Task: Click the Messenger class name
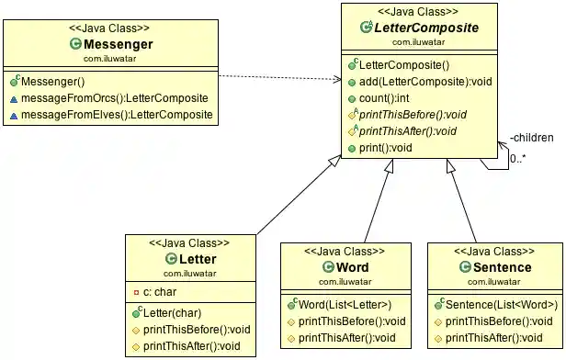(x=117, y=43)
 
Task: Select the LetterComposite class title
(x=425, y=28)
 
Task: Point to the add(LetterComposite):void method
(x=425, y=82)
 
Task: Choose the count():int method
(x=384, y=98)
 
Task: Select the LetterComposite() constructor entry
(x=404, y=65)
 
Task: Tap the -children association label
(x=532, y=138)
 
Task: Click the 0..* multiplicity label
(x=519, y=158)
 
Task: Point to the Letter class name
(x=196, y=260)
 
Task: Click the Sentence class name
(x=495, y=267)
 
